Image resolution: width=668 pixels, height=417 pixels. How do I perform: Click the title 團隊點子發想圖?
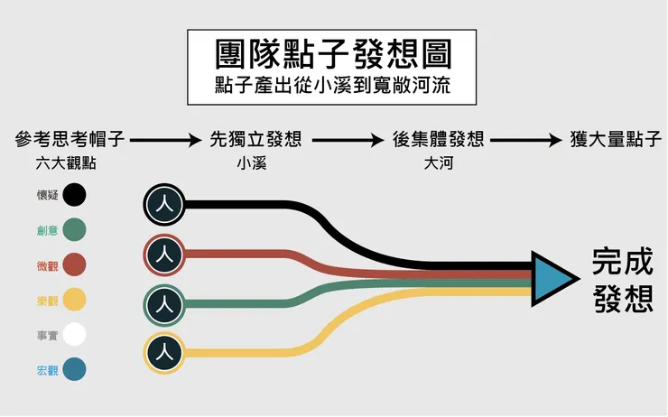[x=333, y=55]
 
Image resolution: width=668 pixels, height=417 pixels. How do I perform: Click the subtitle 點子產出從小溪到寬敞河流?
[x=333, y=87]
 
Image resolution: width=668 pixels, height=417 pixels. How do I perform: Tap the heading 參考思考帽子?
[x=70, y=140]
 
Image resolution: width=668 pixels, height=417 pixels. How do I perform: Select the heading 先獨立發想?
[x=255, y=140]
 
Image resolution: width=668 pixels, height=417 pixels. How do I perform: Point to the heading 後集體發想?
[x=439, y=140]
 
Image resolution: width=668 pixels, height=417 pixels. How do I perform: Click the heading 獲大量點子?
[x=617, y=140]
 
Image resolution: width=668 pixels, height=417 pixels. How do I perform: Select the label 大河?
[x=438, y=164]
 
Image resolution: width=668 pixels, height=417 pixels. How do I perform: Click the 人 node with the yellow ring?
[x=163, y=352]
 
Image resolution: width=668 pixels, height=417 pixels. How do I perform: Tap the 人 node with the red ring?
[x=163, y=255]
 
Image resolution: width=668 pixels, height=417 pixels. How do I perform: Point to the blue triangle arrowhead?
[x=549, y=276]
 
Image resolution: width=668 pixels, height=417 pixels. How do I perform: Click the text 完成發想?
[x=623, y=280]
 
